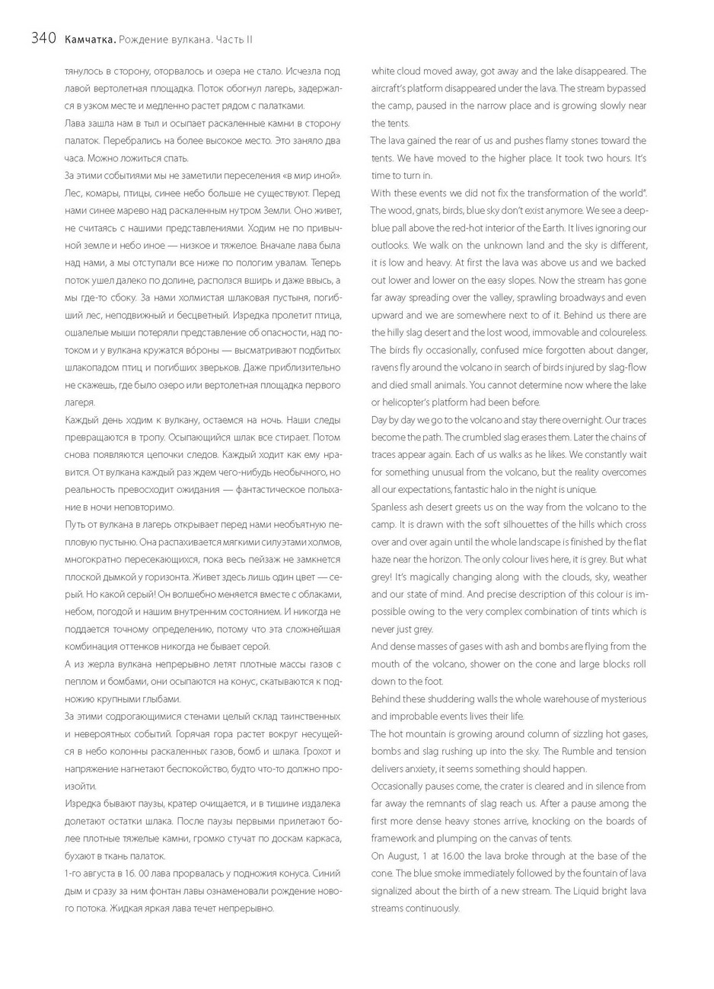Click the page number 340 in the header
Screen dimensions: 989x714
tap(43, 39)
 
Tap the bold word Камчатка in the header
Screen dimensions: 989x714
tap(90, 39)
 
